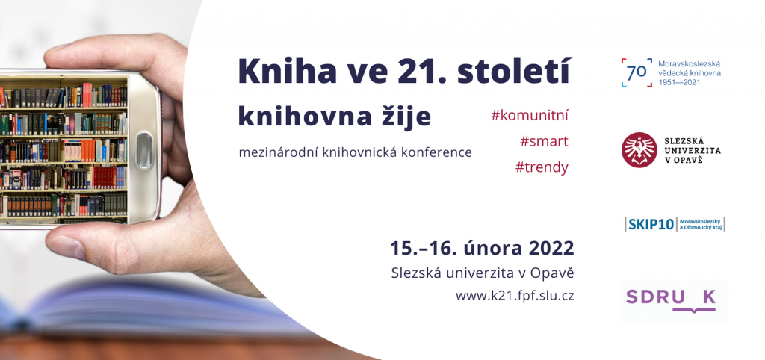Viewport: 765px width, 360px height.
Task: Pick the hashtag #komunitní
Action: (530, 116)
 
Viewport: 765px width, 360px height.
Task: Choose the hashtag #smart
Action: (544, 141)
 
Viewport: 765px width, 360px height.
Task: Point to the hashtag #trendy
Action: (542, 167)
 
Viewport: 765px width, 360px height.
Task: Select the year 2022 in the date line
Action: (550, 248)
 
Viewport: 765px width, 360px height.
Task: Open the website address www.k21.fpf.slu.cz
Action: (515, 296)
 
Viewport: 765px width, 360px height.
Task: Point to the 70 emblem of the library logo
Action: (637, 72)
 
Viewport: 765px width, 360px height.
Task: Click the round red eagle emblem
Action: (639, 150)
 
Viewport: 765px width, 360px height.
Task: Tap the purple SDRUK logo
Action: (671, 298)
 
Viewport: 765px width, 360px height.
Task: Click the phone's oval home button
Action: (143, 150)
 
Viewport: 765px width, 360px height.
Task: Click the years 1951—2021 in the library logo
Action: (679, 82)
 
